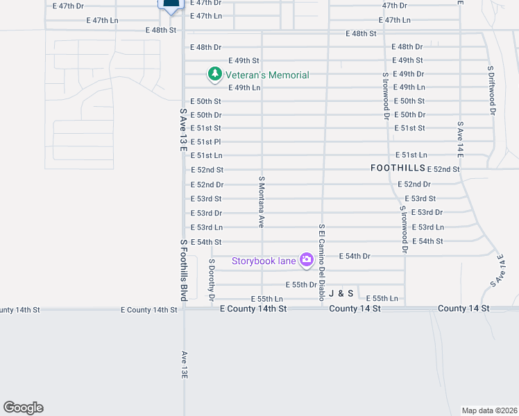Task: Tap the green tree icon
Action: click(x=214, y=73)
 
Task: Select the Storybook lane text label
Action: click(x=264, y=261)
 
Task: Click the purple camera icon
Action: click(x=306, y=260)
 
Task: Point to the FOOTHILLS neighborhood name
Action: click(x=397, y=168)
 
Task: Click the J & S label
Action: click(x=341, y=294)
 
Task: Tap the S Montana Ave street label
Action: click(x=262, y=202)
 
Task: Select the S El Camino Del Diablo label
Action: click(x=322, y=263)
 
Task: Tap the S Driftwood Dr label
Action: click(x=491, y=91)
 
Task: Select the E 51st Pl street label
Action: click(x=206, y=142)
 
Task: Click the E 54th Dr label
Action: click(x=355, y=257)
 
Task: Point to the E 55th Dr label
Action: click(x=301, y=285)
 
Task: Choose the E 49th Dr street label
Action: click(x=408, y=74)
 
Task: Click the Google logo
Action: click(x=23, y=408)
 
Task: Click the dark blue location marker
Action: click(x=171, y=4)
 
